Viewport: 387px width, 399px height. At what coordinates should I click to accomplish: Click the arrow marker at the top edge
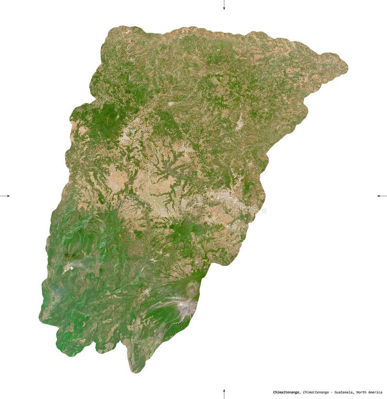point(224,5)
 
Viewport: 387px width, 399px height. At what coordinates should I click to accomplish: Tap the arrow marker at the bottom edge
point(224,393)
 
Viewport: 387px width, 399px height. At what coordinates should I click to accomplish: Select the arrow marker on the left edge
point(5,196)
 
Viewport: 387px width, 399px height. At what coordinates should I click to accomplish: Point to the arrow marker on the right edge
point(382,196)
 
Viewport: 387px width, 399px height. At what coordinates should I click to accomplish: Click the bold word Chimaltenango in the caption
point(286,392)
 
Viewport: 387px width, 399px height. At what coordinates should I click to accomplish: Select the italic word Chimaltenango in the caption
point(317,392)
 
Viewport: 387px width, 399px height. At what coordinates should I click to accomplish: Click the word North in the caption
point(364,392)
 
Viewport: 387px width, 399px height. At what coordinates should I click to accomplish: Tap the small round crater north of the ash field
point(192,289)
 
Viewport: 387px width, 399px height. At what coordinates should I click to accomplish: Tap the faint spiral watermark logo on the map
point(223,194)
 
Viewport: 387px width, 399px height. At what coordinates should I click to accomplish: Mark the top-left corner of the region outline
point(109,30)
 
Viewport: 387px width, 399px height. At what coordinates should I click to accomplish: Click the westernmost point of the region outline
point(40,317)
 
